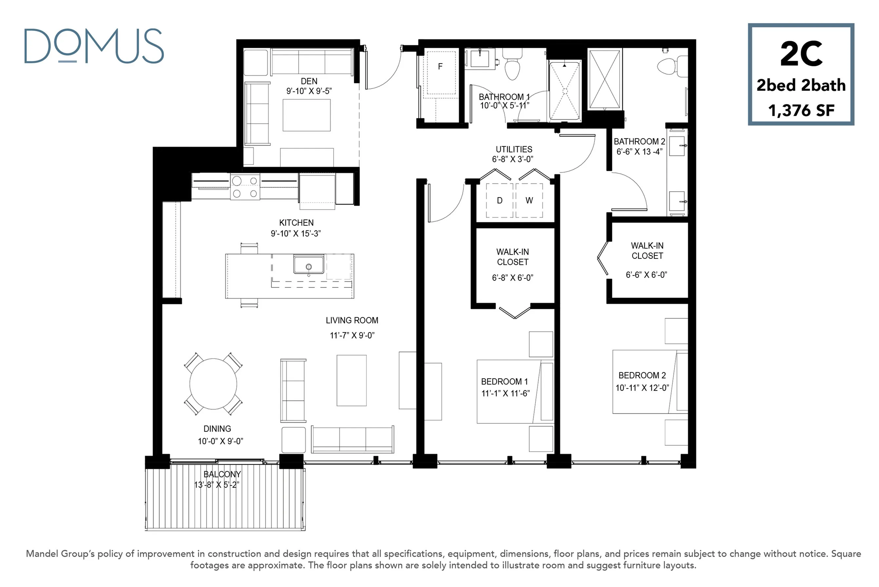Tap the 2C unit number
801,54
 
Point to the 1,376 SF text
801,110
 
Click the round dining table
213,384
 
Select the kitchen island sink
309,265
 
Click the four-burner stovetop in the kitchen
245,186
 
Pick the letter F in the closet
440,66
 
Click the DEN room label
309,81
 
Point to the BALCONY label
222,474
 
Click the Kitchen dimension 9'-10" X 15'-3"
296,234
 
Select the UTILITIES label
514,149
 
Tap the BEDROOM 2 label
642,375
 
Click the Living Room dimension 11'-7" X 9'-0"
352,335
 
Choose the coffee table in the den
307,115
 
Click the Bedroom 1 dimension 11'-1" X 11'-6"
506,393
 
